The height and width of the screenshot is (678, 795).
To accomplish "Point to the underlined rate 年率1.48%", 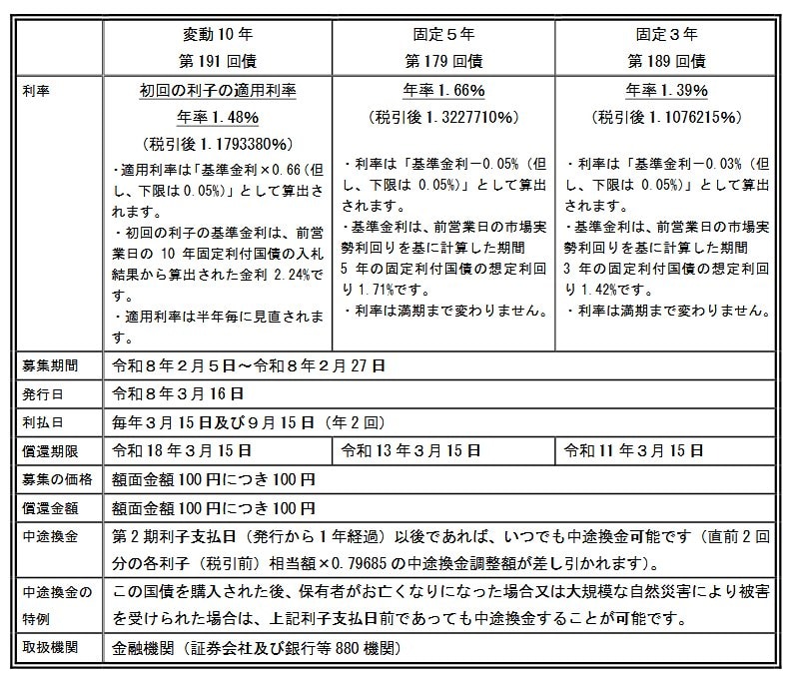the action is [218, 116].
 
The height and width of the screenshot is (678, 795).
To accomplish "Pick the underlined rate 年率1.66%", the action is [443, 90].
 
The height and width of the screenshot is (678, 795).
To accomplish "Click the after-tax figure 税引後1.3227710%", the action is [443, 116].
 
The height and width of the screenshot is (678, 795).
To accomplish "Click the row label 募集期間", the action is [50, 365].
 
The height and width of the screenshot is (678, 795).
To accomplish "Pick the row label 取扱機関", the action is [50, 648].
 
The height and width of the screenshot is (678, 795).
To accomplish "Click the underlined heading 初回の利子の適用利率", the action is [218, 90].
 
